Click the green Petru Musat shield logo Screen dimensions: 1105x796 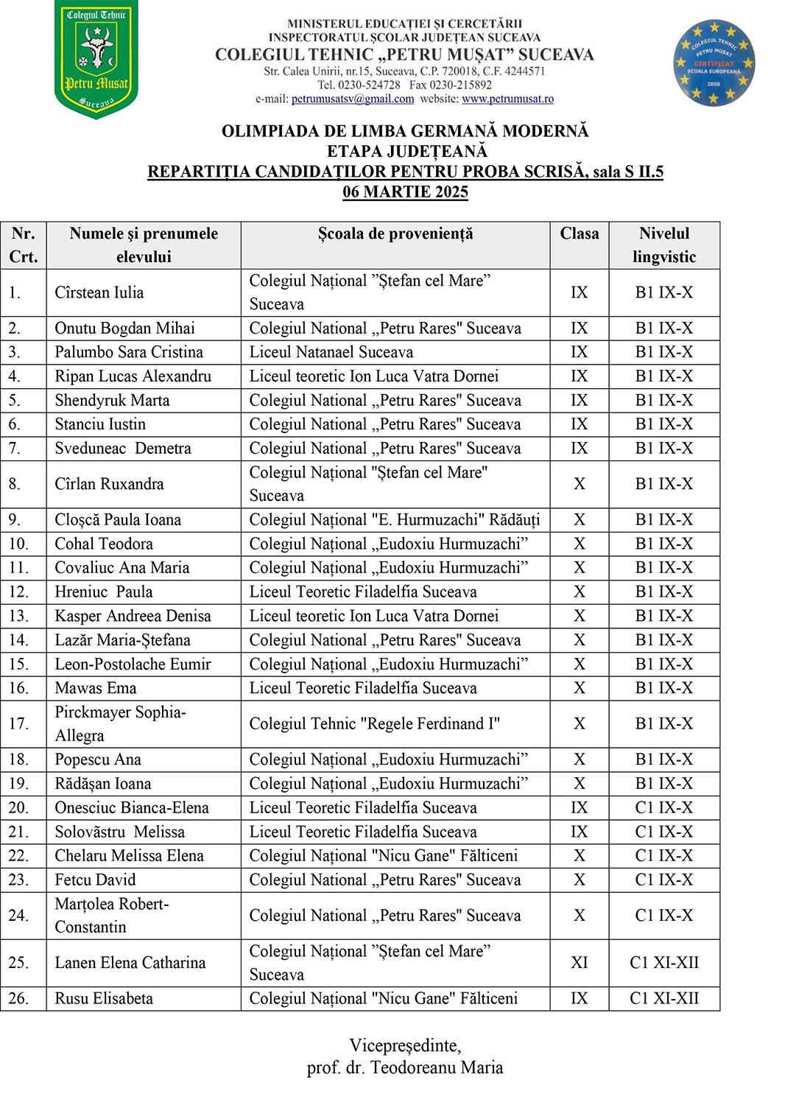point(96,59)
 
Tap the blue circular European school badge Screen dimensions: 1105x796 point(714,63)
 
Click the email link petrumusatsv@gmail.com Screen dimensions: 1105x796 point(353,99)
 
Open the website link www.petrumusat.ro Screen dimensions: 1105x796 point(507,99)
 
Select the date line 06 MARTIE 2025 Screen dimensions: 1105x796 point(405,192)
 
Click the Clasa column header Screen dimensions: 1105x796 point(579,234)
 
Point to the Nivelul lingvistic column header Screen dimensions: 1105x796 point(664,245)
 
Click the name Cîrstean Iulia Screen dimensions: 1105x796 point(99,292)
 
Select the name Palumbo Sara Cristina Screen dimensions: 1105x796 point(129,352)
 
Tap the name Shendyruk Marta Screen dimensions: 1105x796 point(112,401)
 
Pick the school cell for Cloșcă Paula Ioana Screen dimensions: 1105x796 point(394,520)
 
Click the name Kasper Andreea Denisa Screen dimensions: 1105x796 point(133,616)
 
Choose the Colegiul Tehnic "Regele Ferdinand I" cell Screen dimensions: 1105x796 point(374,724)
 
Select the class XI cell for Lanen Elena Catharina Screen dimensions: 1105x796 point(579,963)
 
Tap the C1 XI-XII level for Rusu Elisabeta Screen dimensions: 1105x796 point(664,999)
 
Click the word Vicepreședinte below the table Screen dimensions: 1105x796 point(404,1045)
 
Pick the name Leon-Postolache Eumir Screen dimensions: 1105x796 point(133,664)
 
